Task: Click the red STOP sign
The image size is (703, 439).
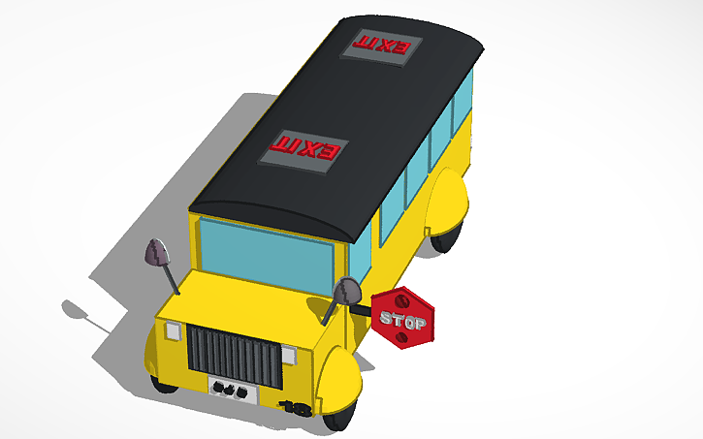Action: [402, 316]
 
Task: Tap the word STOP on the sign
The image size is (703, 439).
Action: [402, 320]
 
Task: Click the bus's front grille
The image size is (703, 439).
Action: [236, 353]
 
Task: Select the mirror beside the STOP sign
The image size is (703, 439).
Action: [347, 290]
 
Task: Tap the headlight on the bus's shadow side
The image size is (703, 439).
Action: [174, 330]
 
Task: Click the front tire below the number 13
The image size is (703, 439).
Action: [338, 419]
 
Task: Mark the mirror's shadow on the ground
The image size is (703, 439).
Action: [78, 312]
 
